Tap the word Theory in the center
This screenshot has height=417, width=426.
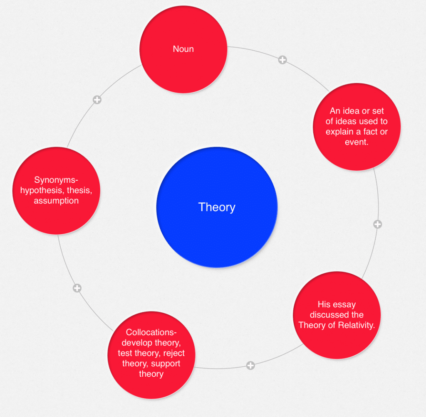[x=217, y=207]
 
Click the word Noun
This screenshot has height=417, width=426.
[x=183, y=49]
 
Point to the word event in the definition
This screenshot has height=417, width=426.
[x=357, y=142]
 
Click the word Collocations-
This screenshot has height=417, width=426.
[x=151, y=332]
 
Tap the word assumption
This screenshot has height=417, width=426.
[x=56, y=201]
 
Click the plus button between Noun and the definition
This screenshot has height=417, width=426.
[x=282, y=60]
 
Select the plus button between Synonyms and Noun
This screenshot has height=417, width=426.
[x=97, y=100]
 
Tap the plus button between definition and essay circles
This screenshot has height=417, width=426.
[x=377, y=224]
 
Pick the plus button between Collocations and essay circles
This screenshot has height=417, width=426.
[x=250, y=365]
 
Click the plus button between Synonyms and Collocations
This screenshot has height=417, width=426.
[x=77, y=288]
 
